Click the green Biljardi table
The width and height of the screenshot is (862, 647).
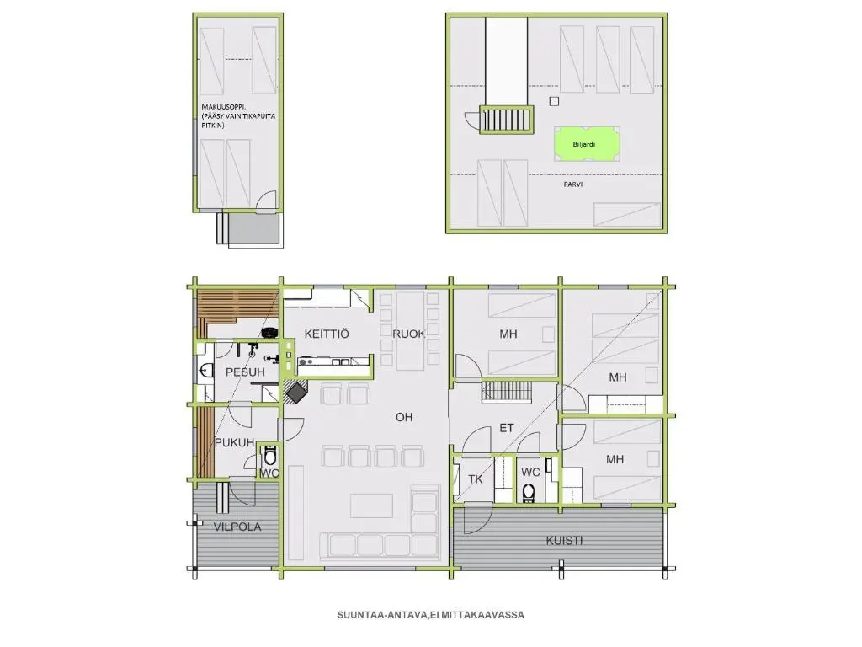point(587,144)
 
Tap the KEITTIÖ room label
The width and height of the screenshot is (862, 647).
point(327,334)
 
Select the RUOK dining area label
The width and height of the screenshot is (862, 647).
point(408,334)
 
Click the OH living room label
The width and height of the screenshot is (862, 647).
point(404,417)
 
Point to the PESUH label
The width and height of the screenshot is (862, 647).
point(245,372)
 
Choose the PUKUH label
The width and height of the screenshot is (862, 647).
point(234,442)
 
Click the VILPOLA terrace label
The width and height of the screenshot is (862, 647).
point(237,527)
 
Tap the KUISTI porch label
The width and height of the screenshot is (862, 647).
point(564,540)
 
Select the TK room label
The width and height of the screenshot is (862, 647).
point(476,479)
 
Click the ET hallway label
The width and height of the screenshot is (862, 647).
point(506,427)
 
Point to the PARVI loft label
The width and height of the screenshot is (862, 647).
point(572,184)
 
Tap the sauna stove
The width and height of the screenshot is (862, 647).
point(270,332)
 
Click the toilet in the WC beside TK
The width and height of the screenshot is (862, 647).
point(529,493)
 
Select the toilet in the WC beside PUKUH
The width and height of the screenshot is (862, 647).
point(269,456)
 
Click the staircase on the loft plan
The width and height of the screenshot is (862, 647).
point(507,119)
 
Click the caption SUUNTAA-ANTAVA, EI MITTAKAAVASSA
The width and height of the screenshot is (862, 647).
point(430,615)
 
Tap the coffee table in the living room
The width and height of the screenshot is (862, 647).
point(371,505)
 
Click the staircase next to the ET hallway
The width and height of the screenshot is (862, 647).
point(507,393)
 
